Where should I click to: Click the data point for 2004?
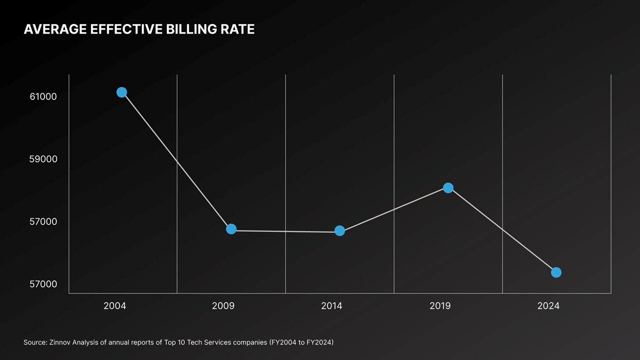pyautogui.click(x=121, y=92)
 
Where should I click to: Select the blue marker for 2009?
pyautogui.click(x=231, y=229)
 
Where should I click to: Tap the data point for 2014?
pyautogui.click(x=339, y=230)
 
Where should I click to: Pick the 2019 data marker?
pyautogui.click(x=448, y=187)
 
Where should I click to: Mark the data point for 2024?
pyautogui.click(x=556, y=272)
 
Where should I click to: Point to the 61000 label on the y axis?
pyautogui.click(x=43, y=96)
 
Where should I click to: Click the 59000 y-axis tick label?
pyautogui.click(x=43, y=159)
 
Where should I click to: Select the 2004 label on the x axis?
pyautogui.click(x=114, y=306)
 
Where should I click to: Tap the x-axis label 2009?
pyautogui.click(x=223, y=306)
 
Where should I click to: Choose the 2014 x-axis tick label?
pyautogui.click(x=331, y=306)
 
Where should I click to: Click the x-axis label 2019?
pyautogui.click(x=440, y=306)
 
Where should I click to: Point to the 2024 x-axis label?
pyautogui.click(x=548, y=306)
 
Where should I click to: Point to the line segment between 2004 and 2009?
pyautogui.click(x=176, y=160)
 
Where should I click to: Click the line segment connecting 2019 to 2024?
pyautogui.click(x=502, y=230)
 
